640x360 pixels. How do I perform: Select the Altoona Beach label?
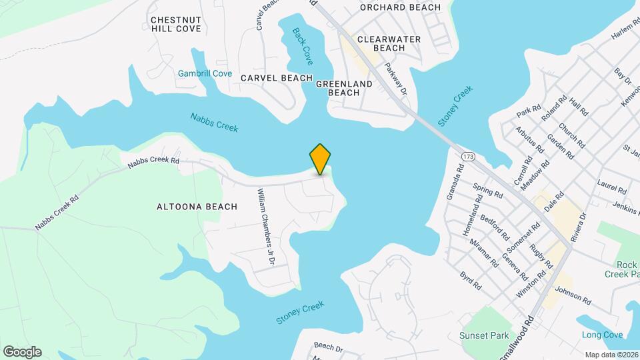click(x=197, y=207)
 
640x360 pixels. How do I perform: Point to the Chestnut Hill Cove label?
click(x=176, y=25)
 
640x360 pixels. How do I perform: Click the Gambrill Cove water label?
click(x=205, y=73)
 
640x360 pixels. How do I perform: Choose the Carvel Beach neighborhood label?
click(x=277, y=78)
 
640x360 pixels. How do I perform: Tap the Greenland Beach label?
click(x=344, y=88)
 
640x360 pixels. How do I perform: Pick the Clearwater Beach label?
click(x=389, y=43)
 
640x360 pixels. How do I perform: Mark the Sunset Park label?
click(x=485, y=335)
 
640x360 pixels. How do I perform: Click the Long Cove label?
click(x=602, y=335)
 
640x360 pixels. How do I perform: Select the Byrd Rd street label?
click(x=470, y=281)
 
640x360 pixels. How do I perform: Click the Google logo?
click(x=22, y=351)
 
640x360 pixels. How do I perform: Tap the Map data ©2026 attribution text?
click(x=611, y=355)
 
